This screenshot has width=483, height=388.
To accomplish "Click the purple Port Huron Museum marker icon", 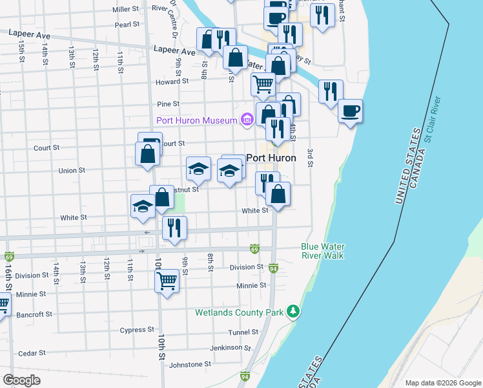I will coord(246,120).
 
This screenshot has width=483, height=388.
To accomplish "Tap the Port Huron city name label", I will coord(271,158).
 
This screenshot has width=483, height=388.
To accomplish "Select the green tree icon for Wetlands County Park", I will coord(294,312).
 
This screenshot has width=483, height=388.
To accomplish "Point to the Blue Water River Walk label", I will coord(322,251).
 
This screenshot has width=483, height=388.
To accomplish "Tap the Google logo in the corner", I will coord(21,380).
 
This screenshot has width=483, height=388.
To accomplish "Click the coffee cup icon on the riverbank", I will coord(351,111).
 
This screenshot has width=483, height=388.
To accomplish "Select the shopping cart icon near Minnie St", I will coord(167,281).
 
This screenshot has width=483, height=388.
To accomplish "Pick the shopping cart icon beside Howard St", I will coord(263,83).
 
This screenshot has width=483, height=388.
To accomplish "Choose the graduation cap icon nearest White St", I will coord(143,206).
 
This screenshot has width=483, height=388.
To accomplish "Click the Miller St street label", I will coord(126,10).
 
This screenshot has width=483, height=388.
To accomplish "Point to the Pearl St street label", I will coord(127,25).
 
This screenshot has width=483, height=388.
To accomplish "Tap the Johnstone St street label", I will coord(189,365).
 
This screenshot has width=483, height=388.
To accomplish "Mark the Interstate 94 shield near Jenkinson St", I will coord(245,375).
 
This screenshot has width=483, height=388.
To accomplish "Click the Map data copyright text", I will coord(442,382).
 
